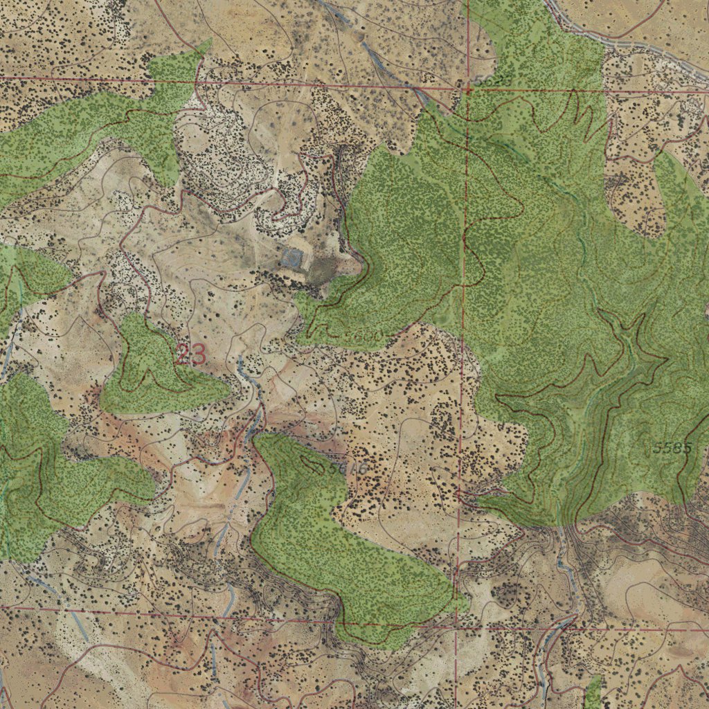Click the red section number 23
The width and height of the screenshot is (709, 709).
(x=190, y=354)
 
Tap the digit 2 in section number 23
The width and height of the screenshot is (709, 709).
(x=183, y=354)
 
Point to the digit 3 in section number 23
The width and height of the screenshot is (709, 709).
(x=198, y=354)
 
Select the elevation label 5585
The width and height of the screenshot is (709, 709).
(x=672, y=447)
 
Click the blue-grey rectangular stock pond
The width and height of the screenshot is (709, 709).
(x=292, y=260)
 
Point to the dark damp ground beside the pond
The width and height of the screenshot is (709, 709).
(x=321, y=271)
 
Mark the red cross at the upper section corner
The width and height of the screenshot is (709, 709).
(x=468, y=89)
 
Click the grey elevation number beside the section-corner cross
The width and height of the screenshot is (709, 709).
(x=482, y=82)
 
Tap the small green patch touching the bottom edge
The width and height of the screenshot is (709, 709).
(x=593, y=692)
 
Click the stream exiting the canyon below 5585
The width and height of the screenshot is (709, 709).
(x=568, y=554)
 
